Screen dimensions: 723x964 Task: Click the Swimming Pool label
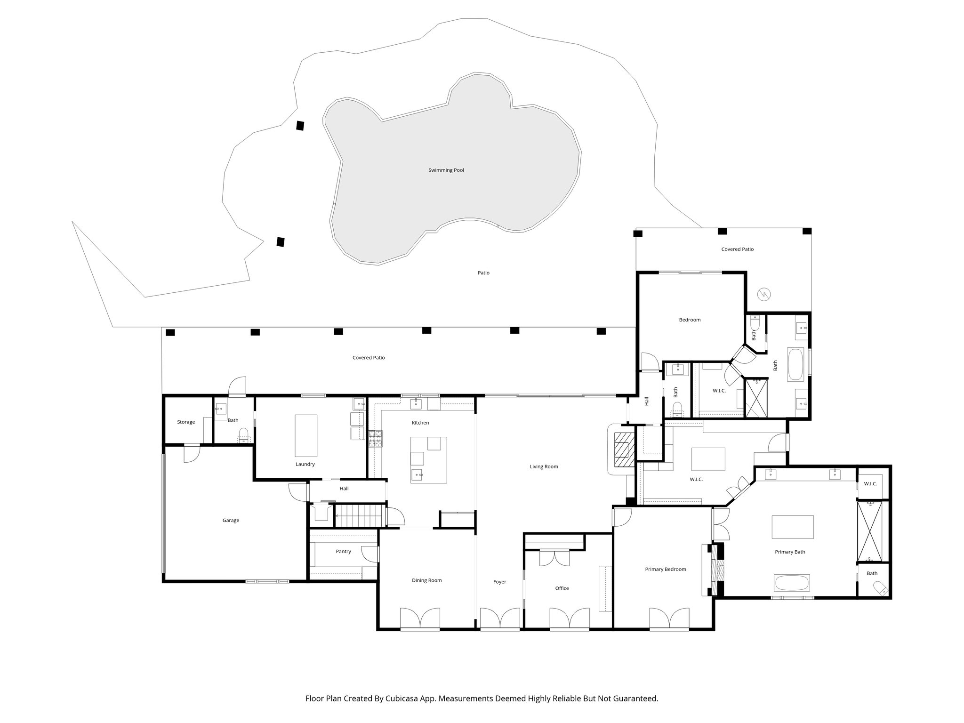tap(446, 170)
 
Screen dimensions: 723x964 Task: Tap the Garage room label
tap(231, 520)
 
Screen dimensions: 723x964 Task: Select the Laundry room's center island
tap(305, 435)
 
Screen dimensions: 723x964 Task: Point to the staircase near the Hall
tap(360, 515)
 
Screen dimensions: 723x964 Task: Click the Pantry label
tap(343, 551)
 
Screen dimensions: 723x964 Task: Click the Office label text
tap(562, 588)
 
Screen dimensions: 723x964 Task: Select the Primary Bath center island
tap(793, 527)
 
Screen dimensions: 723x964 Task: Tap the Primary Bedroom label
tap(665, 569)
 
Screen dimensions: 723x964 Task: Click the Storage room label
tap(186, 422)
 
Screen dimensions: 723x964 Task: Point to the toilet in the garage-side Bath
tap(243, 434)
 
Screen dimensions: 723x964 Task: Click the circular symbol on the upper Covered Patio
tap(764, 295)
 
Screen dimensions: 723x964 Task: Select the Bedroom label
tap(690, 320)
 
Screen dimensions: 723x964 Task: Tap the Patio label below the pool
tap(483, 273)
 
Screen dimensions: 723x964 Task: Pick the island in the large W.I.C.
tap(707, 459)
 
